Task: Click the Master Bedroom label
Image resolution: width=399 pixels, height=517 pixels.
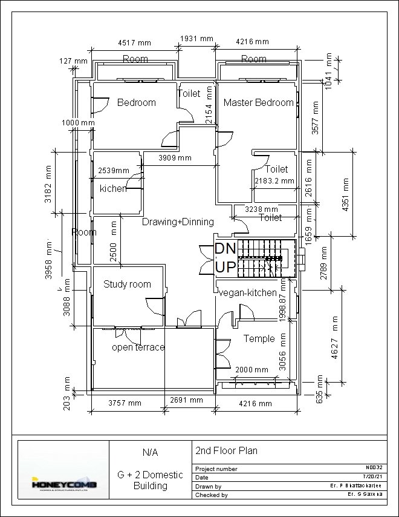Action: pyautogui.click(x=258, y=102)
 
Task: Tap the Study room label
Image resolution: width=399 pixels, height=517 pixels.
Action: pyautogui.click(x=127, y=284)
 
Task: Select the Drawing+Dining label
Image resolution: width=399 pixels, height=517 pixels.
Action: pyautogui.click(x=178, y=222)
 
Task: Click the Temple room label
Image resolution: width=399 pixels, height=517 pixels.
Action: pyautogui.click(x=259, y=338)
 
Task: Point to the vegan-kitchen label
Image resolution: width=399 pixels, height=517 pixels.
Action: pyautogui.click(x=248, y=292)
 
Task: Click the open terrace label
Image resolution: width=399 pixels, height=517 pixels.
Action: pyautogui.click(x=138, y=347)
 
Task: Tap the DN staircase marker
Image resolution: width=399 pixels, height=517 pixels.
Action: pyautogui.click(x=225, y=248)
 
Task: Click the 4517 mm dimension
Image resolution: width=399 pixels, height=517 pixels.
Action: pyautogui.click(x=134, y=42)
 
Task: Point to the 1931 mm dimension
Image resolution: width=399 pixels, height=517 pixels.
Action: pyautogui.click(x=197, y=39)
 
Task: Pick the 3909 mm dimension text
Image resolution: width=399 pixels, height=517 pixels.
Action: pyautogui.click(x=175, y=158)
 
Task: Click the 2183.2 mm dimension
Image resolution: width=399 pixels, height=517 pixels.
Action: pyautogui.click(x=274, y=180)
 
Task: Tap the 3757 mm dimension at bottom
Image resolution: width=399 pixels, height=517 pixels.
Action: pyautogui.click(x=125, y=403)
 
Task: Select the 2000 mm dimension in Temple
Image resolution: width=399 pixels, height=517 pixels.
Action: pyautogui.click(x=251, y=369)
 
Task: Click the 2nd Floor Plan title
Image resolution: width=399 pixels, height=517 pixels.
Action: pyautogui.click(x=226, y=450)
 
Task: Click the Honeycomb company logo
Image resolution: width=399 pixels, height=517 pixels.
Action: pyautogui.click(x=63, y=484)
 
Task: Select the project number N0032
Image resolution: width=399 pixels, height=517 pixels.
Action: pyautogui.click(x=374, y=467)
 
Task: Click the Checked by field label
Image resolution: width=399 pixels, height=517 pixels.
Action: pyautogui.click(x=212, y=495)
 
